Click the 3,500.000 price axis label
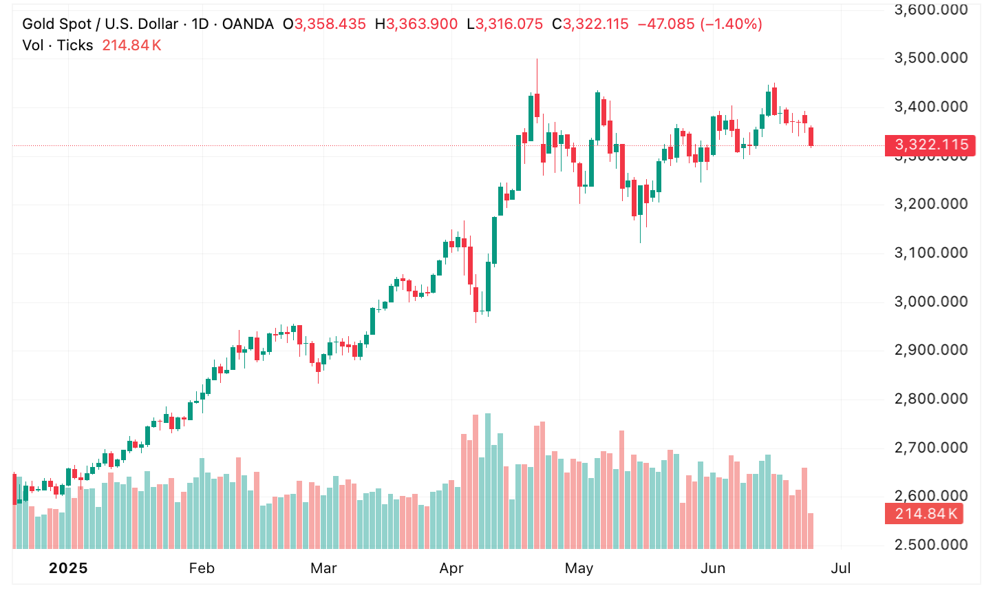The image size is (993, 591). pos(930,58)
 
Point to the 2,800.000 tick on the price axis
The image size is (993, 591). pos(930,399)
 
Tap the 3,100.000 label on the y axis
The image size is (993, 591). pos(930,253)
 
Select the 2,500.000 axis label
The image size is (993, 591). pos(930,545)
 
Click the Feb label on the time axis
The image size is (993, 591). pos(202,568)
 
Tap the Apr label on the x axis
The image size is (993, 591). pos(451,568)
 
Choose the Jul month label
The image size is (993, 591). pos(841,568)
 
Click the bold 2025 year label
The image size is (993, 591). pos(68,568)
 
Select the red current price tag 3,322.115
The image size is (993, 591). pos(930,145)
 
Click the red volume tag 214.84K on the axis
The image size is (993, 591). pos(926,514)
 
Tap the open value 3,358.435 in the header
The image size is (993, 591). pos(330,24)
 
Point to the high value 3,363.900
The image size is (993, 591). pos(422,24)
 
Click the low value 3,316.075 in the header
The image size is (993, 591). pos(509,24)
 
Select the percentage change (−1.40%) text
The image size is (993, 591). pos(731,24)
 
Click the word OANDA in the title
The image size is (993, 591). pos(248,24)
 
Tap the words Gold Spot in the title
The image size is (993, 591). pos(56,24)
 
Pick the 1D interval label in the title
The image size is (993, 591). pos(200,24)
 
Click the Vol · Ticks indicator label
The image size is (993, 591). pos(58,45)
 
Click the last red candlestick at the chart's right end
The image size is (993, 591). pos(811,136)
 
